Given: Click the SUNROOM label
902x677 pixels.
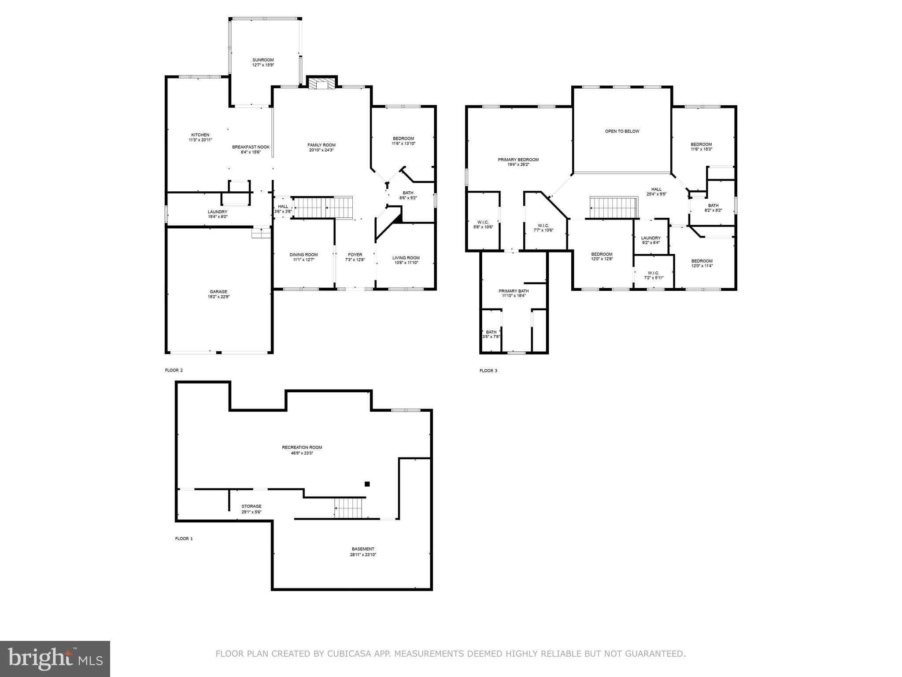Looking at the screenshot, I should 263,60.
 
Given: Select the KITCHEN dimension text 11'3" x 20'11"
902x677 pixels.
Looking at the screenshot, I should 200,140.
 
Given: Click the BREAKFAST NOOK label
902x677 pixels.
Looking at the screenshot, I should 251,147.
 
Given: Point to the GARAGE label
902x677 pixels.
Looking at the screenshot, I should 218,291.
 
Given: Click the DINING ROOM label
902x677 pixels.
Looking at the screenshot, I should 303,255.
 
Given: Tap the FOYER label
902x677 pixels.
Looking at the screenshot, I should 355,255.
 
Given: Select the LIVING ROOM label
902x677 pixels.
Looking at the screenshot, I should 406,258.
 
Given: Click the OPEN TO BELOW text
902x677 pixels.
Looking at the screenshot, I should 622,131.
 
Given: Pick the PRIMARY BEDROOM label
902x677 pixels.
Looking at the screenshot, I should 518,160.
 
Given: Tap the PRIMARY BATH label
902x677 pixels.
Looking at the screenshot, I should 514,291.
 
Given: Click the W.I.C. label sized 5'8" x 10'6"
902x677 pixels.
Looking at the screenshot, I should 483,222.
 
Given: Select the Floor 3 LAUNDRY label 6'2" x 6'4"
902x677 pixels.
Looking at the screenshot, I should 651,238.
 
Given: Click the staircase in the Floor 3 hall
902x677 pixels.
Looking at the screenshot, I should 614,208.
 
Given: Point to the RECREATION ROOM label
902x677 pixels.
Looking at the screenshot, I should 302,447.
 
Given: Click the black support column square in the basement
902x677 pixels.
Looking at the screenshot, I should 367,484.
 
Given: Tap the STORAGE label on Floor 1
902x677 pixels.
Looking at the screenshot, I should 251,506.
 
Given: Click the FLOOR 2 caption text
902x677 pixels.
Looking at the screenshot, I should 174,370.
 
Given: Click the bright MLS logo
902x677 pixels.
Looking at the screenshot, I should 55,658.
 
